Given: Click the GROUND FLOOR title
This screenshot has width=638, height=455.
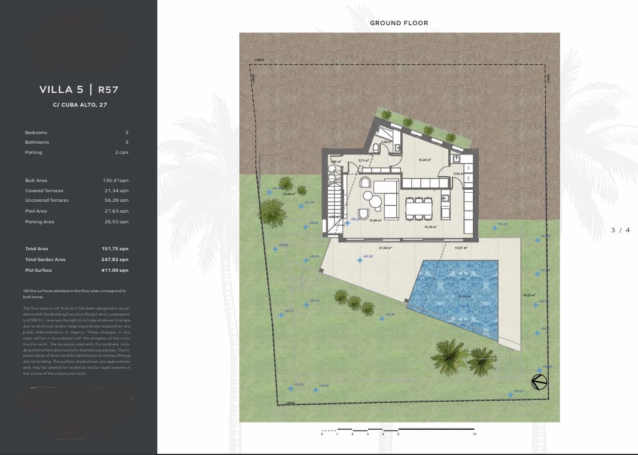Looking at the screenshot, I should (399, 23).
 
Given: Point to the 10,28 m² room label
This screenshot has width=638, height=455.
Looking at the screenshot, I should (425, 160).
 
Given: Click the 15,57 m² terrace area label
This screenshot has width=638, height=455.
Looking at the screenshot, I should (461, 247).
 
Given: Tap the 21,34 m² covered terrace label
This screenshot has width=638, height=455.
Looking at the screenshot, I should (385, 247).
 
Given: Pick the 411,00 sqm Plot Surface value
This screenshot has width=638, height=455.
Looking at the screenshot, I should (115, 271).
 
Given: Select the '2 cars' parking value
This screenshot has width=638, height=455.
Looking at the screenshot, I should (121, 153).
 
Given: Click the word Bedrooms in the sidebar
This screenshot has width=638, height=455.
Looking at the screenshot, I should (36, 132).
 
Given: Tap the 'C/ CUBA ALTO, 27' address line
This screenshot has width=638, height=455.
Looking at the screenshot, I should (80, 105).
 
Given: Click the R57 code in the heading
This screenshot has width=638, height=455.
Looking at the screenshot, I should (108, 90).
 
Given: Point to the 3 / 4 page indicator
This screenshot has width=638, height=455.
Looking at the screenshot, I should (621, 230).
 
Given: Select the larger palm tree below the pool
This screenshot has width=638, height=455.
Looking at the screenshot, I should (449, 356).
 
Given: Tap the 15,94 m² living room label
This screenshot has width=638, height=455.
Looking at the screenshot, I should (375, 220).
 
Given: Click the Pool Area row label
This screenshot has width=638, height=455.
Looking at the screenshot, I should (36, 211).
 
